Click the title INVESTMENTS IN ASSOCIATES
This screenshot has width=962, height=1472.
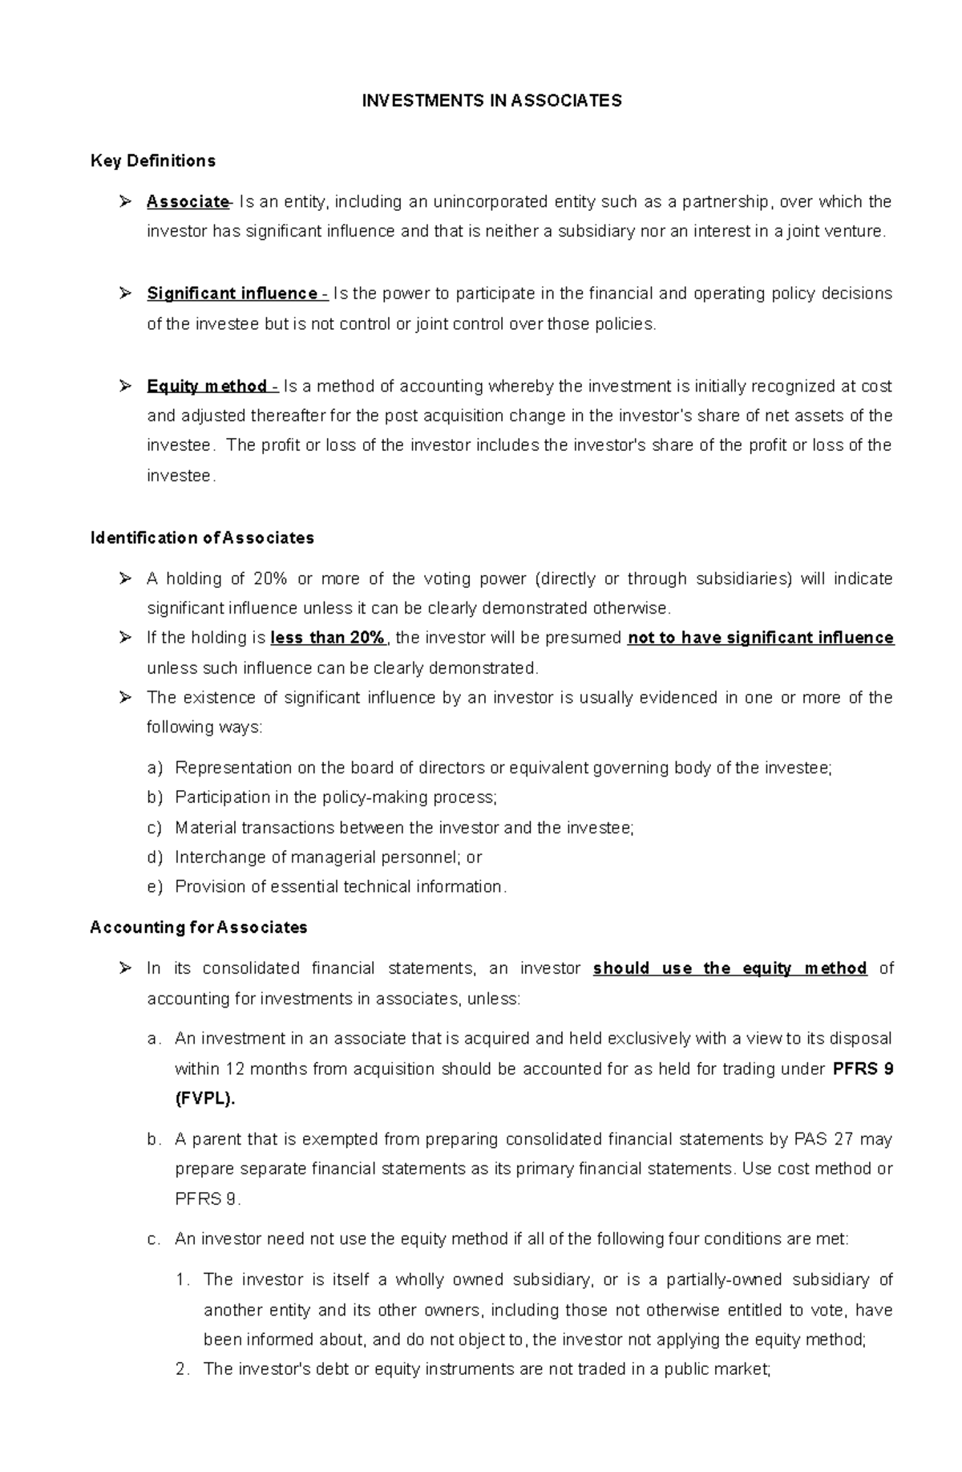pos(491,100)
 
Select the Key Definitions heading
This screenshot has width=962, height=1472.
pos(153,161)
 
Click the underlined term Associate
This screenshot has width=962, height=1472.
pos(188,202)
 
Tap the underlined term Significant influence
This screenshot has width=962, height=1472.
pos(232,294)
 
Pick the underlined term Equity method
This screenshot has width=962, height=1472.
pos(207,387)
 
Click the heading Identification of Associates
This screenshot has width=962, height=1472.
pos(202,538)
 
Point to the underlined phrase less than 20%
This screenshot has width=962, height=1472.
pos(329,639)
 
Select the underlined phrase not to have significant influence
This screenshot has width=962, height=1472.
pos(761,639)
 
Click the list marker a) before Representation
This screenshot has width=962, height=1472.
pos(155,768)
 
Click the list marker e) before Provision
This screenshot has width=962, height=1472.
pos(155,887)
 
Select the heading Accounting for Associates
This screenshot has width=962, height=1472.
pos(199,928)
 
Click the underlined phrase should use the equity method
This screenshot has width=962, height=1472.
pos(730,969)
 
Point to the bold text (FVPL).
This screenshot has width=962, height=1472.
pos(205,1100)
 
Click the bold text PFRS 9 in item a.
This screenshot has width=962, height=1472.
pos(863,1069)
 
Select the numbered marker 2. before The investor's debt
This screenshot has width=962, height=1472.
pos(183,1369)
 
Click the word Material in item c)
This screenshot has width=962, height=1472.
pos(205,828)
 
